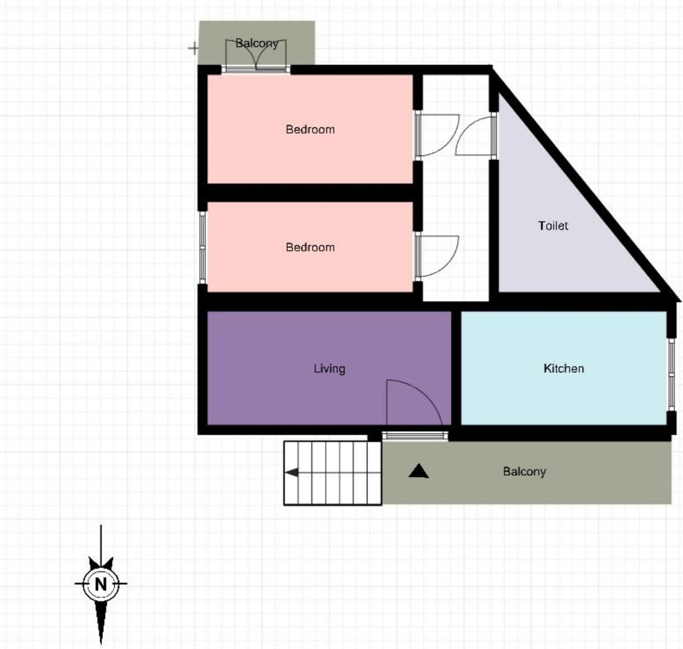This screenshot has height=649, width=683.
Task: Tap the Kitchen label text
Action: [x=563, y=368]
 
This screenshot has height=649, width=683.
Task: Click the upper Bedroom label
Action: [x=310, y=129]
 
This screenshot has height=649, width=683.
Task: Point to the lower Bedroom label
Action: [x=310, y=247]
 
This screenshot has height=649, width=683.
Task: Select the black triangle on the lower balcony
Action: [x=418, y=471]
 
